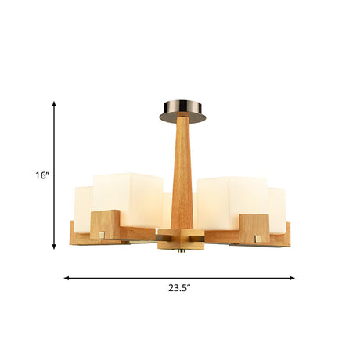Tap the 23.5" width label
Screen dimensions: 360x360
179,288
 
